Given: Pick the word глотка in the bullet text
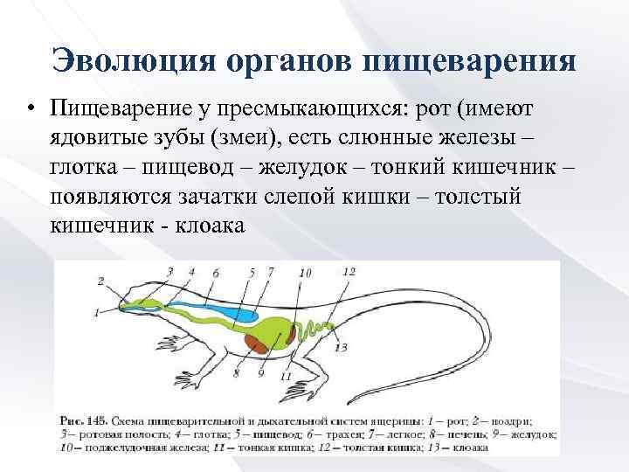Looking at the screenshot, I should tap(89, 169).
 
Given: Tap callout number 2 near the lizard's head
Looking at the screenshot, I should tap(101, 281).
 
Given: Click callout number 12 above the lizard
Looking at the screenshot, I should tap(349, 272).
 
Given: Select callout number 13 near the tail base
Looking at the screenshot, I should tap(341, 347).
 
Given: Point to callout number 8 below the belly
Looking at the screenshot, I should tap(236, 374).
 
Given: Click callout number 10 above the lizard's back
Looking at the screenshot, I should tap(305, 273).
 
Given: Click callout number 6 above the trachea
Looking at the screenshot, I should tap(216, 273).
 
